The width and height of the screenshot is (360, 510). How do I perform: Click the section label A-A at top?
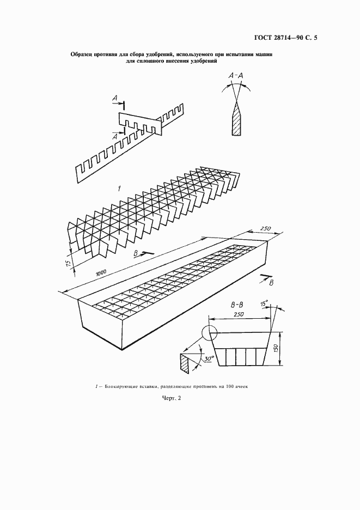click(236, 76)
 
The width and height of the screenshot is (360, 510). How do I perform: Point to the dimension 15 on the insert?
click(68, 262)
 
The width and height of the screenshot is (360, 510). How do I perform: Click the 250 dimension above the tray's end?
click(265, 229)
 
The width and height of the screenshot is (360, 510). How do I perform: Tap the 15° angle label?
click(264, 304)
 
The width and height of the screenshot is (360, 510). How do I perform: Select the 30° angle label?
click(210, 358)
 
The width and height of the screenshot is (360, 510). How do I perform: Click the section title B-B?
click(237, 305)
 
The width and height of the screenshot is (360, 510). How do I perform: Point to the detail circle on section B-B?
click(209, 332)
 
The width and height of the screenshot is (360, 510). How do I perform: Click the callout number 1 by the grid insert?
click(119, 188)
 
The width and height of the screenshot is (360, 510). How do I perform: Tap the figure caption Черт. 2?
click(172, 398)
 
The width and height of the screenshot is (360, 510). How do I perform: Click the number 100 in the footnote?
click(227, 387)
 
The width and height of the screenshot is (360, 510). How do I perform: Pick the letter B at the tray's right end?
click(271, 283)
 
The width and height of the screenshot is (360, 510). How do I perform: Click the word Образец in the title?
click(81, 54)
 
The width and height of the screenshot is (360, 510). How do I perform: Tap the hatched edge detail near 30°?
click(184, 362)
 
